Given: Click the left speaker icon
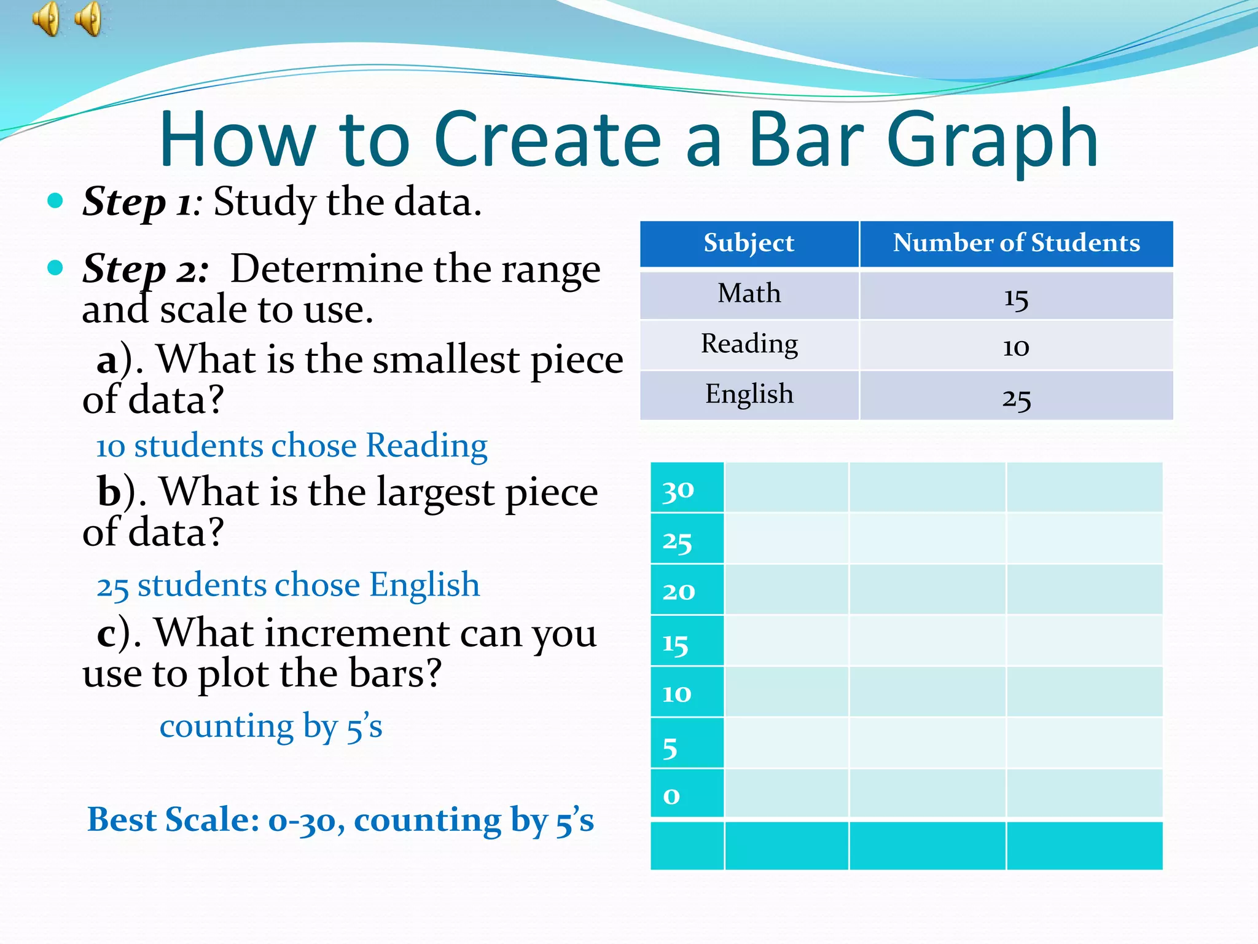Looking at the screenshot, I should click(46, 18).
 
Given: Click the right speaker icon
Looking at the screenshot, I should click(89, 18).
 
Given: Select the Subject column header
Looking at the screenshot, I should click(749, 243).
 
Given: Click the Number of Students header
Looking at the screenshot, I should click(1016, 243).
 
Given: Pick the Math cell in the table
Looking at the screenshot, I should click(749, 294).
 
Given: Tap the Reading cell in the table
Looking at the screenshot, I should click(749, 344).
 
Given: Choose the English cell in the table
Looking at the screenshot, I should click(749, 395).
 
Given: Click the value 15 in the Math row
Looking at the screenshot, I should click(1016, 299).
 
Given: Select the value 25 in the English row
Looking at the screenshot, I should click(1016, 399).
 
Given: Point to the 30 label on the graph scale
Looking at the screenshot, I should click(678, 490).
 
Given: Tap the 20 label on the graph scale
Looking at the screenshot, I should click(678, 592).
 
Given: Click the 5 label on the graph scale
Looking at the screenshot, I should click(670, 748).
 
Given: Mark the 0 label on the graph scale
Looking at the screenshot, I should click(671, 796).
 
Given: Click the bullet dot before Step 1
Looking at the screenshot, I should click(55, 200).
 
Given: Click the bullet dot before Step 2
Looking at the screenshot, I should click(55, 267).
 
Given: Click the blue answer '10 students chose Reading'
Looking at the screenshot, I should click(292, 446).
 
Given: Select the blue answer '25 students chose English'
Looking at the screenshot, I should click(288, 585).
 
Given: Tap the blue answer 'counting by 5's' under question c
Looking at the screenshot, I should click(271, 727).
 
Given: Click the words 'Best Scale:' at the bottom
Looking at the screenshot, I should click(173, 820).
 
